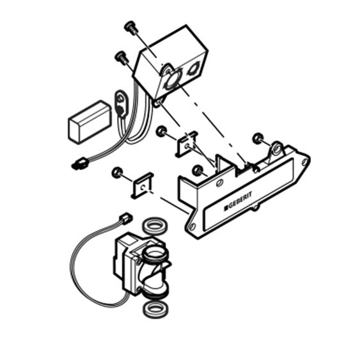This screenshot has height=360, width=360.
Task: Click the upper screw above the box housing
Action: coord(131,27)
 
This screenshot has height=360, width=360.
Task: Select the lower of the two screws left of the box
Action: coord(121,57)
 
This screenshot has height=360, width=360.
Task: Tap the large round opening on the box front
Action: coord(172,79)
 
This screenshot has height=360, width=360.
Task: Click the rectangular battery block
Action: coord(90,122)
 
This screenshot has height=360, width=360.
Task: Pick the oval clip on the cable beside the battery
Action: coord(121,105)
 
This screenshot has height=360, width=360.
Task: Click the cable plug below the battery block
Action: coord(80,164)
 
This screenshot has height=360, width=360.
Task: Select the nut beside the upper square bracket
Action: coord(161,131)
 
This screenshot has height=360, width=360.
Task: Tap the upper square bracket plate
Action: coord(187,144)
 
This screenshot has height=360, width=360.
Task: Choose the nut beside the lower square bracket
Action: coord(117,173)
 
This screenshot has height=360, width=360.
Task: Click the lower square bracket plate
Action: coord(143,185)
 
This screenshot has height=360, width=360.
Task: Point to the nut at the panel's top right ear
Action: coord(258,138)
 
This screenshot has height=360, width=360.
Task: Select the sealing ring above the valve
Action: coord(155,227)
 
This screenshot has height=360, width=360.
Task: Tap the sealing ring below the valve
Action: coord(155,309)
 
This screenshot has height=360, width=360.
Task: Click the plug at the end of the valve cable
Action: coord(125,218)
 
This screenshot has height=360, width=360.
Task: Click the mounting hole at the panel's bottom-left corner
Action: coord(192,227)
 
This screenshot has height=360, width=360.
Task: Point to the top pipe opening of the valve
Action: coord(155,254)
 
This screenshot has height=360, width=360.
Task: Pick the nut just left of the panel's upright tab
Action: coord(198,170)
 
